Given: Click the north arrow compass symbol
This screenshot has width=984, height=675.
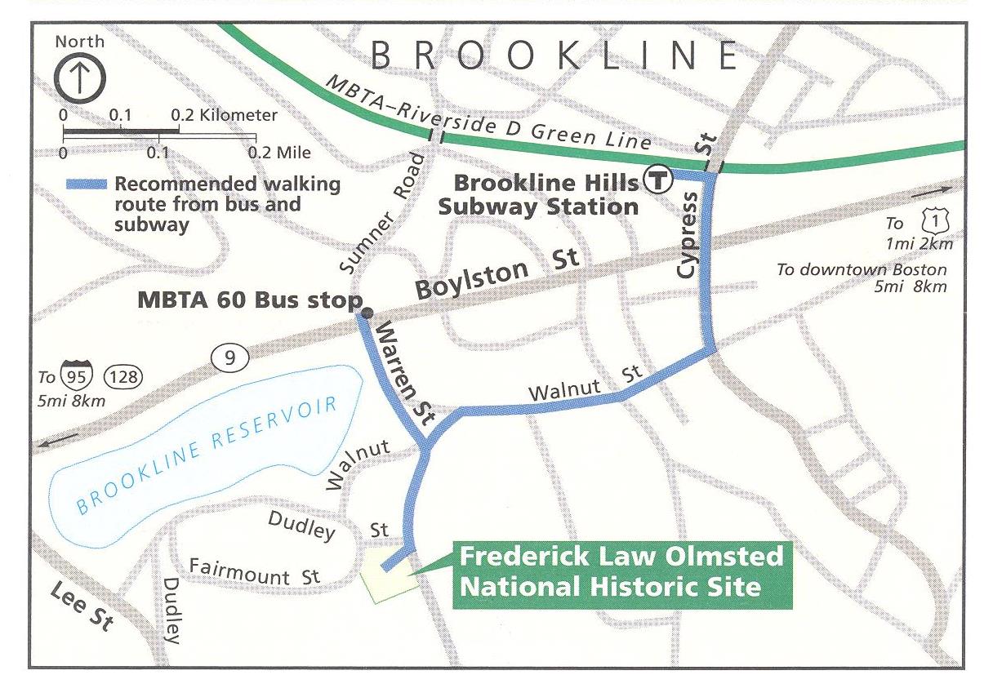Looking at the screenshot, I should point(78,78).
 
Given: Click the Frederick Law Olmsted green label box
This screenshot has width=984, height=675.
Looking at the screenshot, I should point(621,573).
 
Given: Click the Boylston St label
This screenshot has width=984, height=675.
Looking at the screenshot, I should point(497,277).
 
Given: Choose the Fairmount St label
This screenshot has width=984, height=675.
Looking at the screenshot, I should point(254,571).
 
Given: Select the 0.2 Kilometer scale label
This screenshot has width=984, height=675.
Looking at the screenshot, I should point(225,116).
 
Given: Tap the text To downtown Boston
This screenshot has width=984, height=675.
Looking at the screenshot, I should point(862,270).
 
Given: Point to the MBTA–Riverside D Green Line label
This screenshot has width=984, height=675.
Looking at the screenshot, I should point(488,115).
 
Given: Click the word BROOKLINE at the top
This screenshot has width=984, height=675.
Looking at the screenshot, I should point(555,56).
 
